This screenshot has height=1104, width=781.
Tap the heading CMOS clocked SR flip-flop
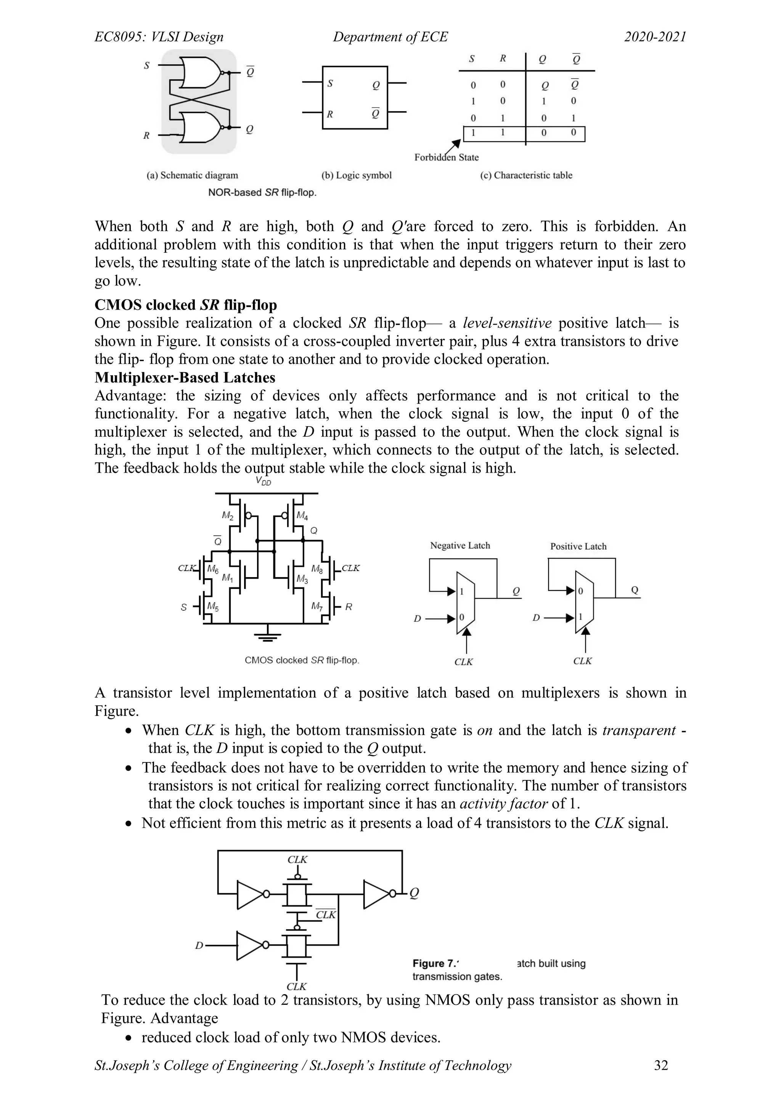(x=186, y=305)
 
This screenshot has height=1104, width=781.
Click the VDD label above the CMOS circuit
(x=263, y=481)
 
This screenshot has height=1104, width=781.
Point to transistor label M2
(x=227, y=515)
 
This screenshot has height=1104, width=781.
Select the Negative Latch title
(x=460, y=545)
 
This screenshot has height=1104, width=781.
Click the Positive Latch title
(x=578, y=546)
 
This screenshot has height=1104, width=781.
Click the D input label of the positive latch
(x=536, y=618)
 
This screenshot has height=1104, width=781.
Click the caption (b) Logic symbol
(x=356, y=175)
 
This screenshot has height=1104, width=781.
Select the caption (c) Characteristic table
(x=526, y=175)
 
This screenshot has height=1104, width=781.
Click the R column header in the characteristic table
(x=503, y=59)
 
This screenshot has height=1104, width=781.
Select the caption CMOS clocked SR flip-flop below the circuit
(x=302, y=660)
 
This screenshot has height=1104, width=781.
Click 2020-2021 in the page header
(x=655, y=37)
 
